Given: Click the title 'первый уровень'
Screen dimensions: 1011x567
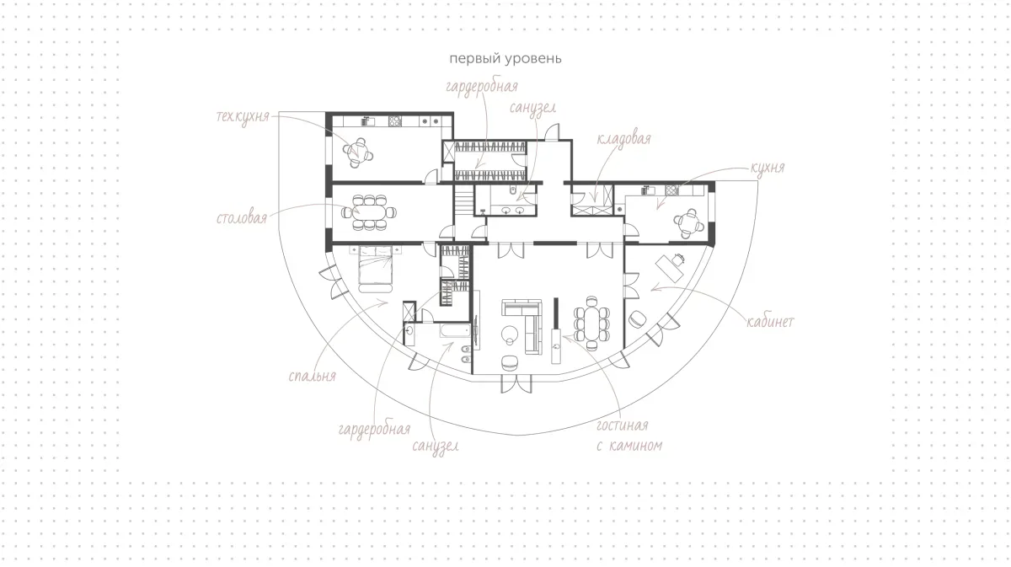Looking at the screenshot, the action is click(505, 59).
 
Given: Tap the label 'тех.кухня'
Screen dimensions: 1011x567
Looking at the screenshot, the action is click(243, 116).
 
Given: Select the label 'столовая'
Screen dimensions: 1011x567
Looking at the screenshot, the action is click(242, 218).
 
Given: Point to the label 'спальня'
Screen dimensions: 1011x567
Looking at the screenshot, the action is click(313, 376).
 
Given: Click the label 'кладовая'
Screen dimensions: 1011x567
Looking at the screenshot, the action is click(623, 138).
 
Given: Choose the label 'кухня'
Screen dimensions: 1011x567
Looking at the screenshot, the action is click(768, 168).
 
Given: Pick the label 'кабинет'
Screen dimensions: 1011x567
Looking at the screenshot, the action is click(770, 322).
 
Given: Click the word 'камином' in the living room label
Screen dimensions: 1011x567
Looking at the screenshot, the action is click(636, 446).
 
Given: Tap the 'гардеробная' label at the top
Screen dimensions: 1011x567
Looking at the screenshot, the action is click(482, 87).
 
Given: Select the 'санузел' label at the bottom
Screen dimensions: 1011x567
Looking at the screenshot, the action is click(436, 447).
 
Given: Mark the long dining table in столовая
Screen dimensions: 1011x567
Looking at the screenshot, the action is click(369, 212).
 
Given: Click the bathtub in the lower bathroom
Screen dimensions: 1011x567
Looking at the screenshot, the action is click(456, 330).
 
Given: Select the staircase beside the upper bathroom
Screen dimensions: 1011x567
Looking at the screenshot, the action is click(463, 201).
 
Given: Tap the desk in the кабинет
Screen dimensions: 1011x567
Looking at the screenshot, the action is click(669, 269).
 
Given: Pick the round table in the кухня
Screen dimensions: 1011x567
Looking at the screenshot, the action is click(688, 223).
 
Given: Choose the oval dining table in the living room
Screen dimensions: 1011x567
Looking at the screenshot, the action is click(591, 324).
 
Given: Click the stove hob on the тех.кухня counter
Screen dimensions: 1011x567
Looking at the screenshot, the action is click(395, 121).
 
